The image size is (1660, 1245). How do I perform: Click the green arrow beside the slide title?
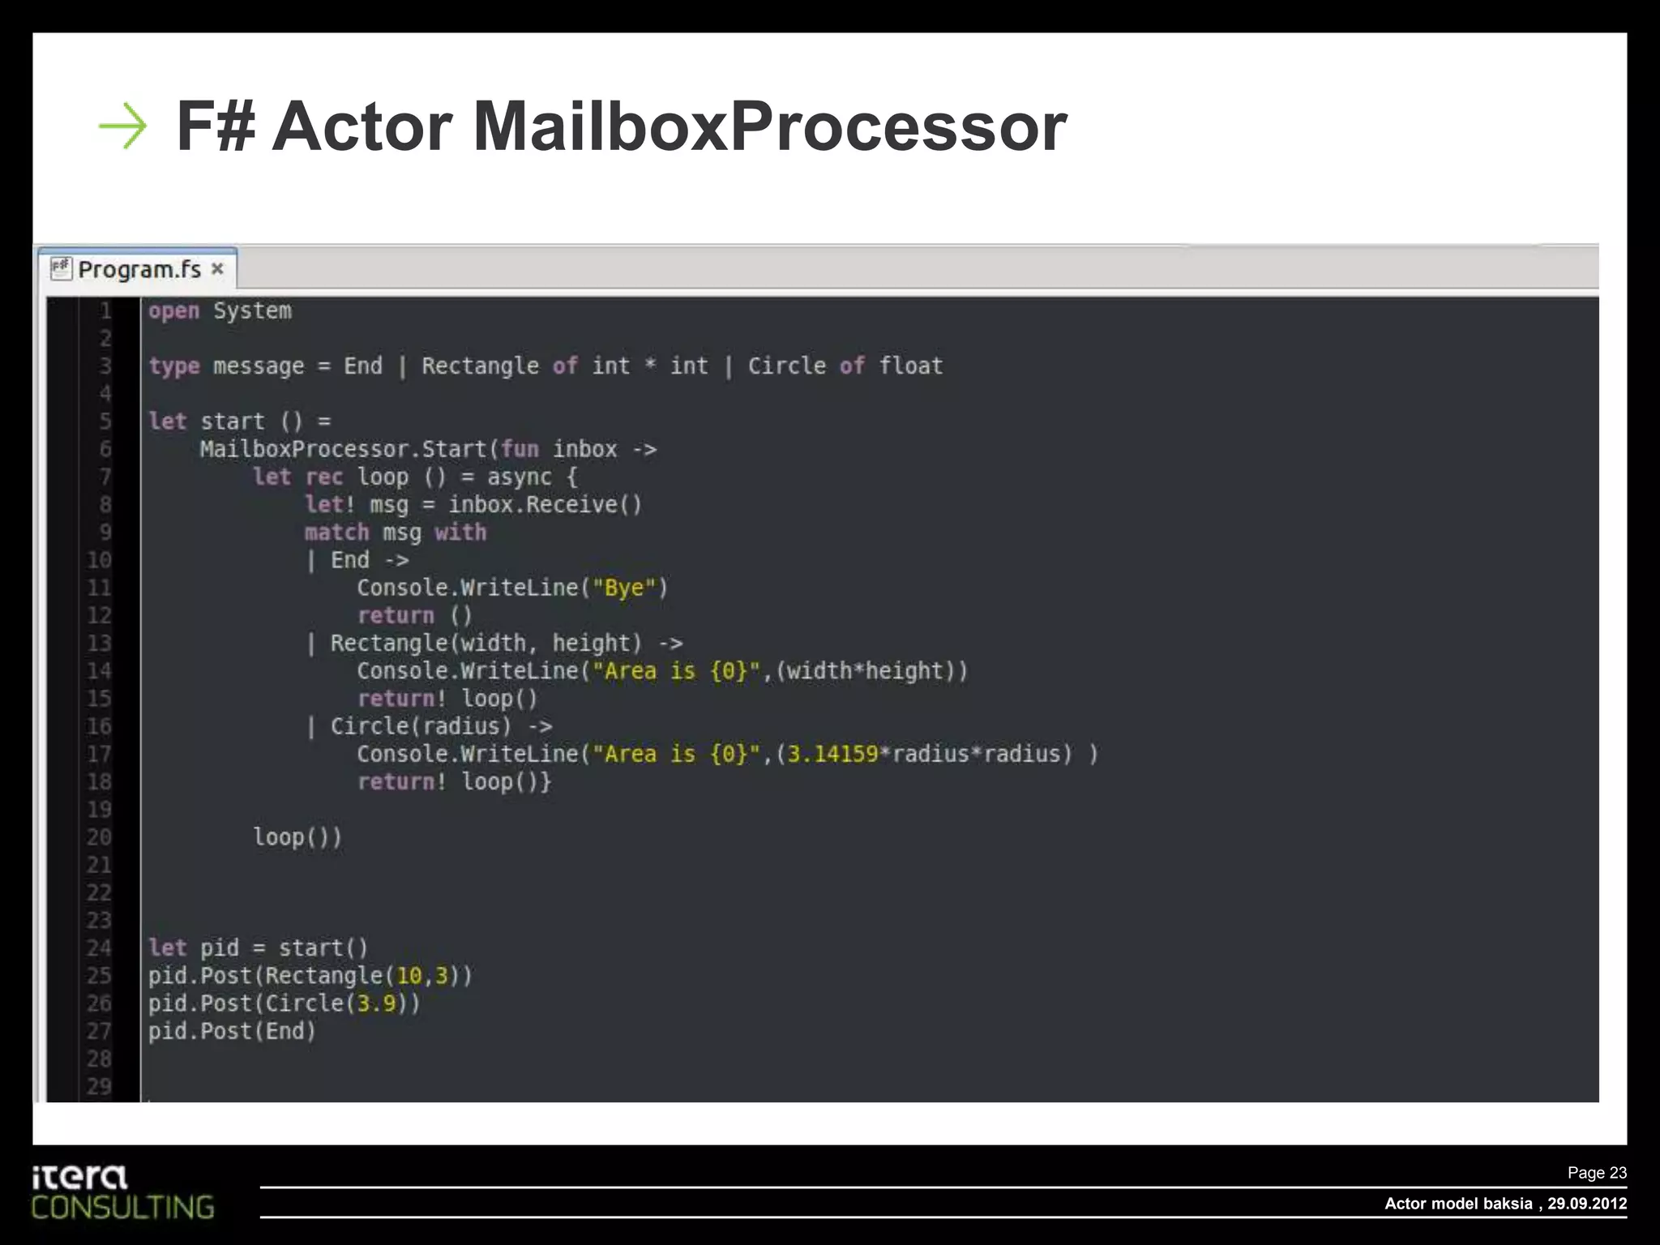[122, 126]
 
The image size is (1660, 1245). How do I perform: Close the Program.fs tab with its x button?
[217, 268]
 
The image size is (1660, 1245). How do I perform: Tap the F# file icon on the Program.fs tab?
[61, 268]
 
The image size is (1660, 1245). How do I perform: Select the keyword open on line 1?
[173, 311]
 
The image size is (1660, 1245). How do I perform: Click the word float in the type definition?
[911, 366]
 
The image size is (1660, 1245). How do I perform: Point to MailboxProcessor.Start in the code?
[343, 449]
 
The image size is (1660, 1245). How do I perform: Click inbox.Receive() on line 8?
[545, 505]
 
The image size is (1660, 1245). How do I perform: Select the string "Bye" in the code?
[624, 588]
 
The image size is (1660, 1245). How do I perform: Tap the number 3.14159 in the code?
[833, 755]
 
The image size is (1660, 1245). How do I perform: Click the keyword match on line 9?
[336, 533]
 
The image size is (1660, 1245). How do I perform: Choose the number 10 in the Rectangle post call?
[409, 976]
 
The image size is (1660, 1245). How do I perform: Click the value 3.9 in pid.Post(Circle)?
[376, 1003]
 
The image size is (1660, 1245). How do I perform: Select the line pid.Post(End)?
[232, 1031]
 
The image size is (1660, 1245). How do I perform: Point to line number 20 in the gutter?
[99, 837]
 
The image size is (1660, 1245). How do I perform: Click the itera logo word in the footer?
[79, 1177]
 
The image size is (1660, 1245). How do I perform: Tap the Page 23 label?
[1597, 1173]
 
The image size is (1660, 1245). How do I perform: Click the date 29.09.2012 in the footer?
[1586, 1204]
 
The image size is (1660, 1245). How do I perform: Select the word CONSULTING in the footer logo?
[122, 1208]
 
